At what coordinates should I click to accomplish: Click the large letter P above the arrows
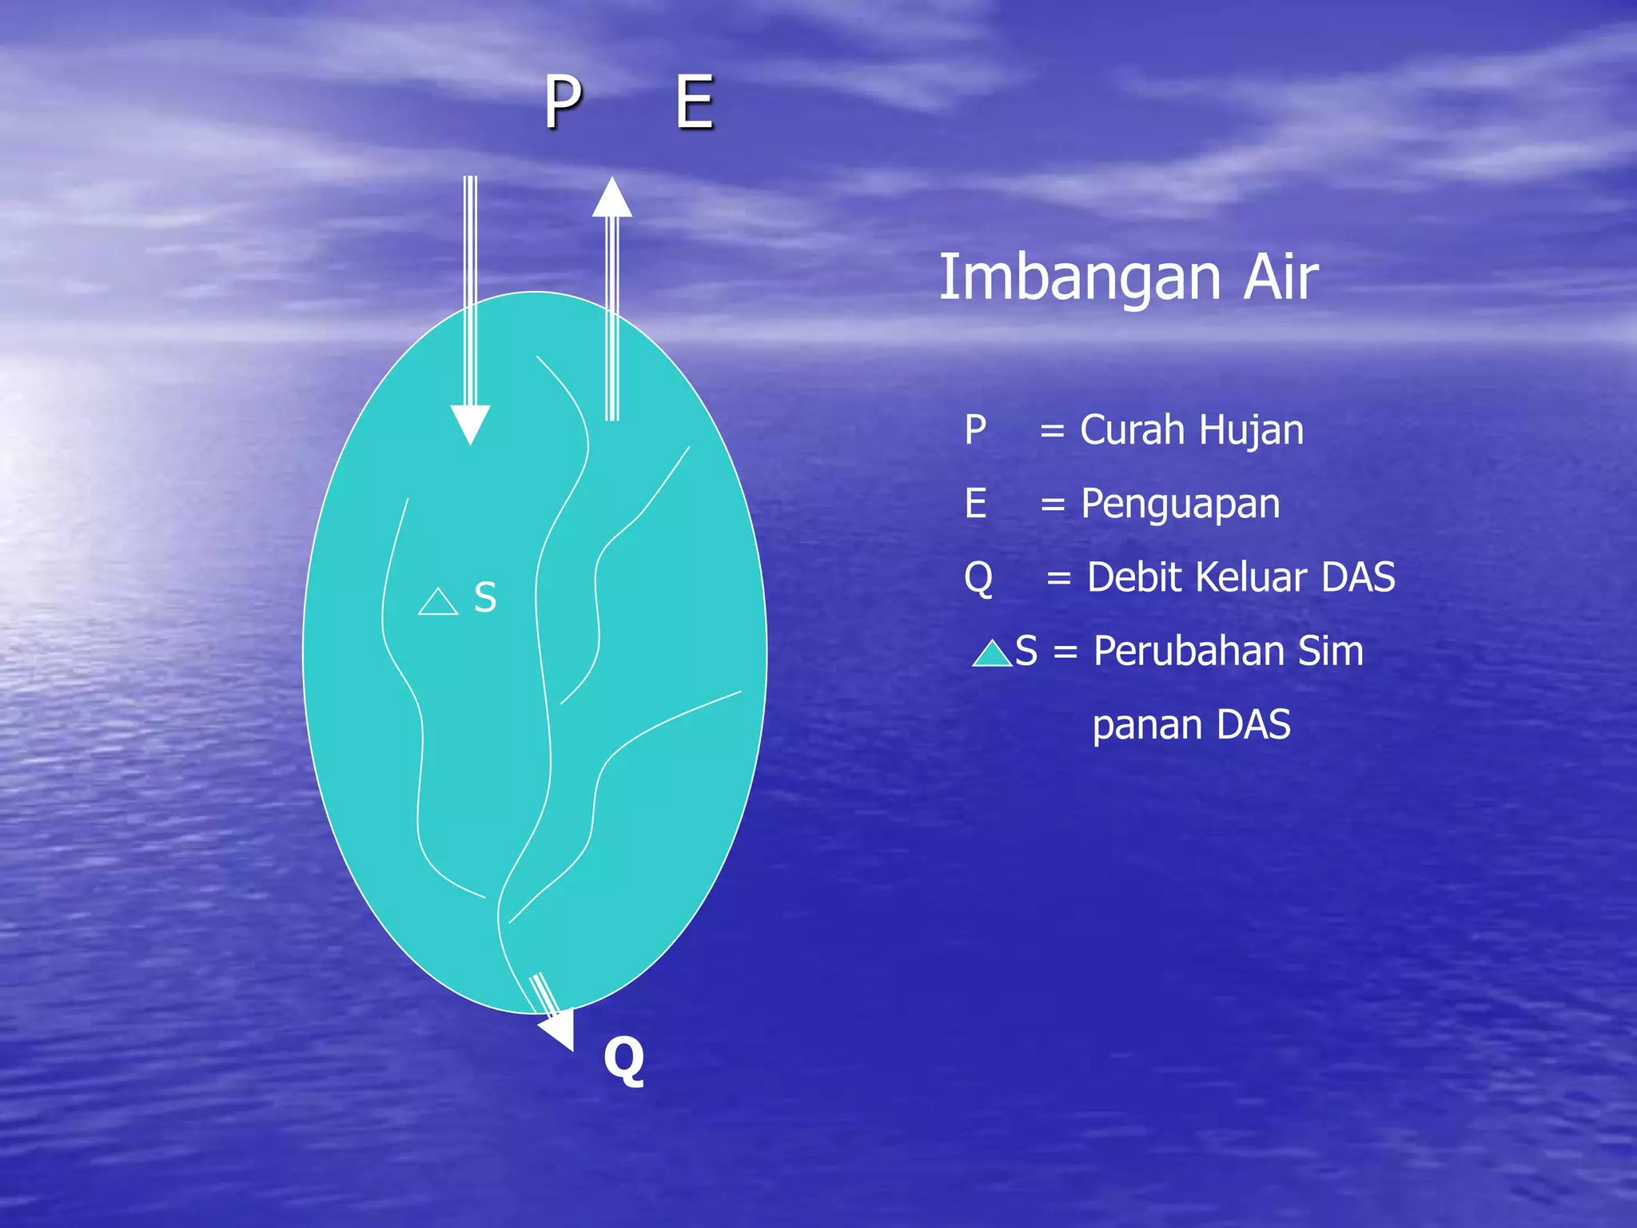[x=563, y=102]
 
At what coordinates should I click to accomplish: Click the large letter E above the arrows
[x=694, y=102]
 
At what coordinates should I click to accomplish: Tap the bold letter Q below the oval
[x=623, y=1059]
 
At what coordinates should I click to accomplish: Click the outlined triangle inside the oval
[x=438, y=603]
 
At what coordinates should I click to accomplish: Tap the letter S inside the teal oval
[x=485, y=597]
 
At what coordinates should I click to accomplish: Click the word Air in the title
[x=1280, y=277]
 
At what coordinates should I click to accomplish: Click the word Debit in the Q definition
[x=1134, y=577]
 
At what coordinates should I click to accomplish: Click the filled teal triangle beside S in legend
[x=992, y=655]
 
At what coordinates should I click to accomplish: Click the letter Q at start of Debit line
[x=978, y=577]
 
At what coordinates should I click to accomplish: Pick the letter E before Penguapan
[x=975, y=504]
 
